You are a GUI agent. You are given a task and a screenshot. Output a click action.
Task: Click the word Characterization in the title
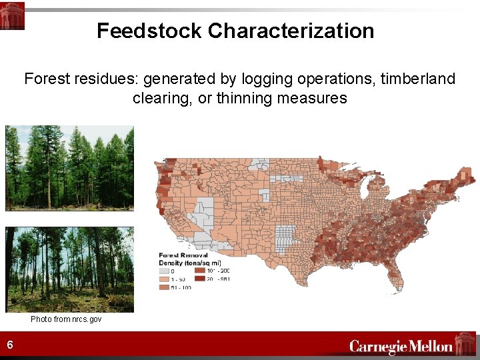pos(291,31)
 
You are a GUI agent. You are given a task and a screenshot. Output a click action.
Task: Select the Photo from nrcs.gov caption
pos(66,319)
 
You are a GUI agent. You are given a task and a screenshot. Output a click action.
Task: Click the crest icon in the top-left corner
pos(12,15)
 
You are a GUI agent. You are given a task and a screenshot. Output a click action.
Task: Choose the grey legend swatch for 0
pos(164,271)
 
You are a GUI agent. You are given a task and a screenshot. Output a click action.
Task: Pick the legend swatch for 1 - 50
pos(164,279)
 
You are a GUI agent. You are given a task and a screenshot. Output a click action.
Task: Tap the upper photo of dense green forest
pos(69,168)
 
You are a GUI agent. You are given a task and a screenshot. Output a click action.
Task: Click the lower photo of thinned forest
pos(69,269)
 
